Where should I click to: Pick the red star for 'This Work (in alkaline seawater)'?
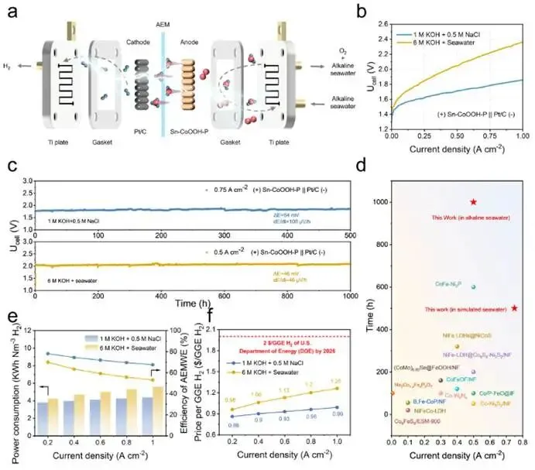pos(473,202)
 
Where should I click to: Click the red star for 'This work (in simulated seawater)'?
pos(514,308)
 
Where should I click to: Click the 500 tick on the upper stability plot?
pos(351,235)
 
